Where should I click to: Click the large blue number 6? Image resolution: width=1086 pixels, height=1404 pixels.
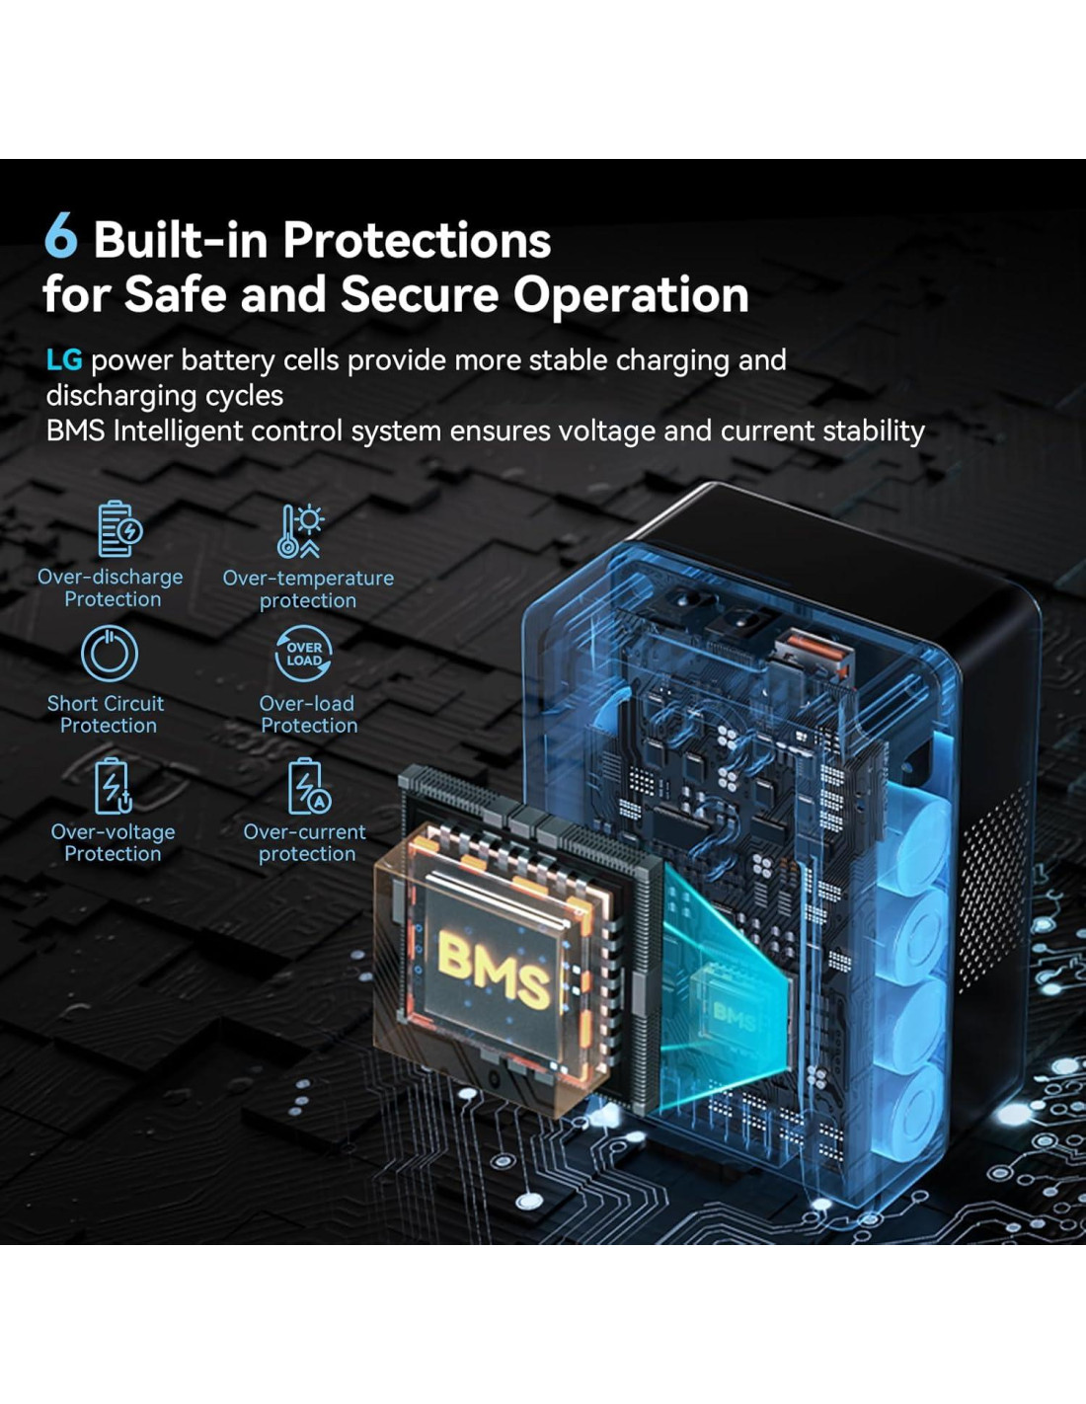tap(60, 237)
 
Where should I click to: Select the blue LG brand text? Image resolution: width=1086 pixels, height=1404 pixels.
tap(64, 360)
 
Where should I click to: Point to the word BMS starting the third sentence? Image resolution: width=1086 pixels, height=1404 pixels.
tap(75, 431)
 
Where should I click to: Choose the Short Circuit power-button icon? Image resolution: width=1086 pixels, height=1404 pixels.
tap(109, 654)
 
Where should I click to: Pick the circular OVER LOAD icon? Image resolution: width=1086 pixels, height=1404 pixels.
tap(303, 654)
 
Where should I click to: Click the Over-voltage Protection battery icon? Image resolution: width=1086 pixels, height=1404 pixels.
tap(113, 786)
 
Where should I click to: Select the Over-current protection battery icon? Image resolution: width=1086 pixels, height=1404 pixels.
tap(307, 786)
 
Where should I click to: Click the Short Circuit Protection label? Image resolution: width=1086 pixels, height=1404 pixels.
tap(107, 715)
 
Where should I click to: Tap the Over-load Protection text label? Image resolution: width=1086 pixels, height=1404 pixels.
tap(308, 715)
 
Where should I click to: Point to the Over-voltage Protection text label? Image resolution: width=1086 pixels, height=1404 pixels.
tap(113, 843)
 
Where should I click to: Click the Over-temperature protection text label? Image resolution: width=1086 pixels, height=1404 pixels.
tap(308, 589)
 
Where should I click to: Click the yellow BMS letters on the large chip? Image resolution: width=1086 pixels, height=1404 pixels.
tap(494, 969)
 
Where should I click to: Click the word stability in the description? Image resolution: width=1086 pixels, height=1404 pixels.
tap(870, 431)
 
